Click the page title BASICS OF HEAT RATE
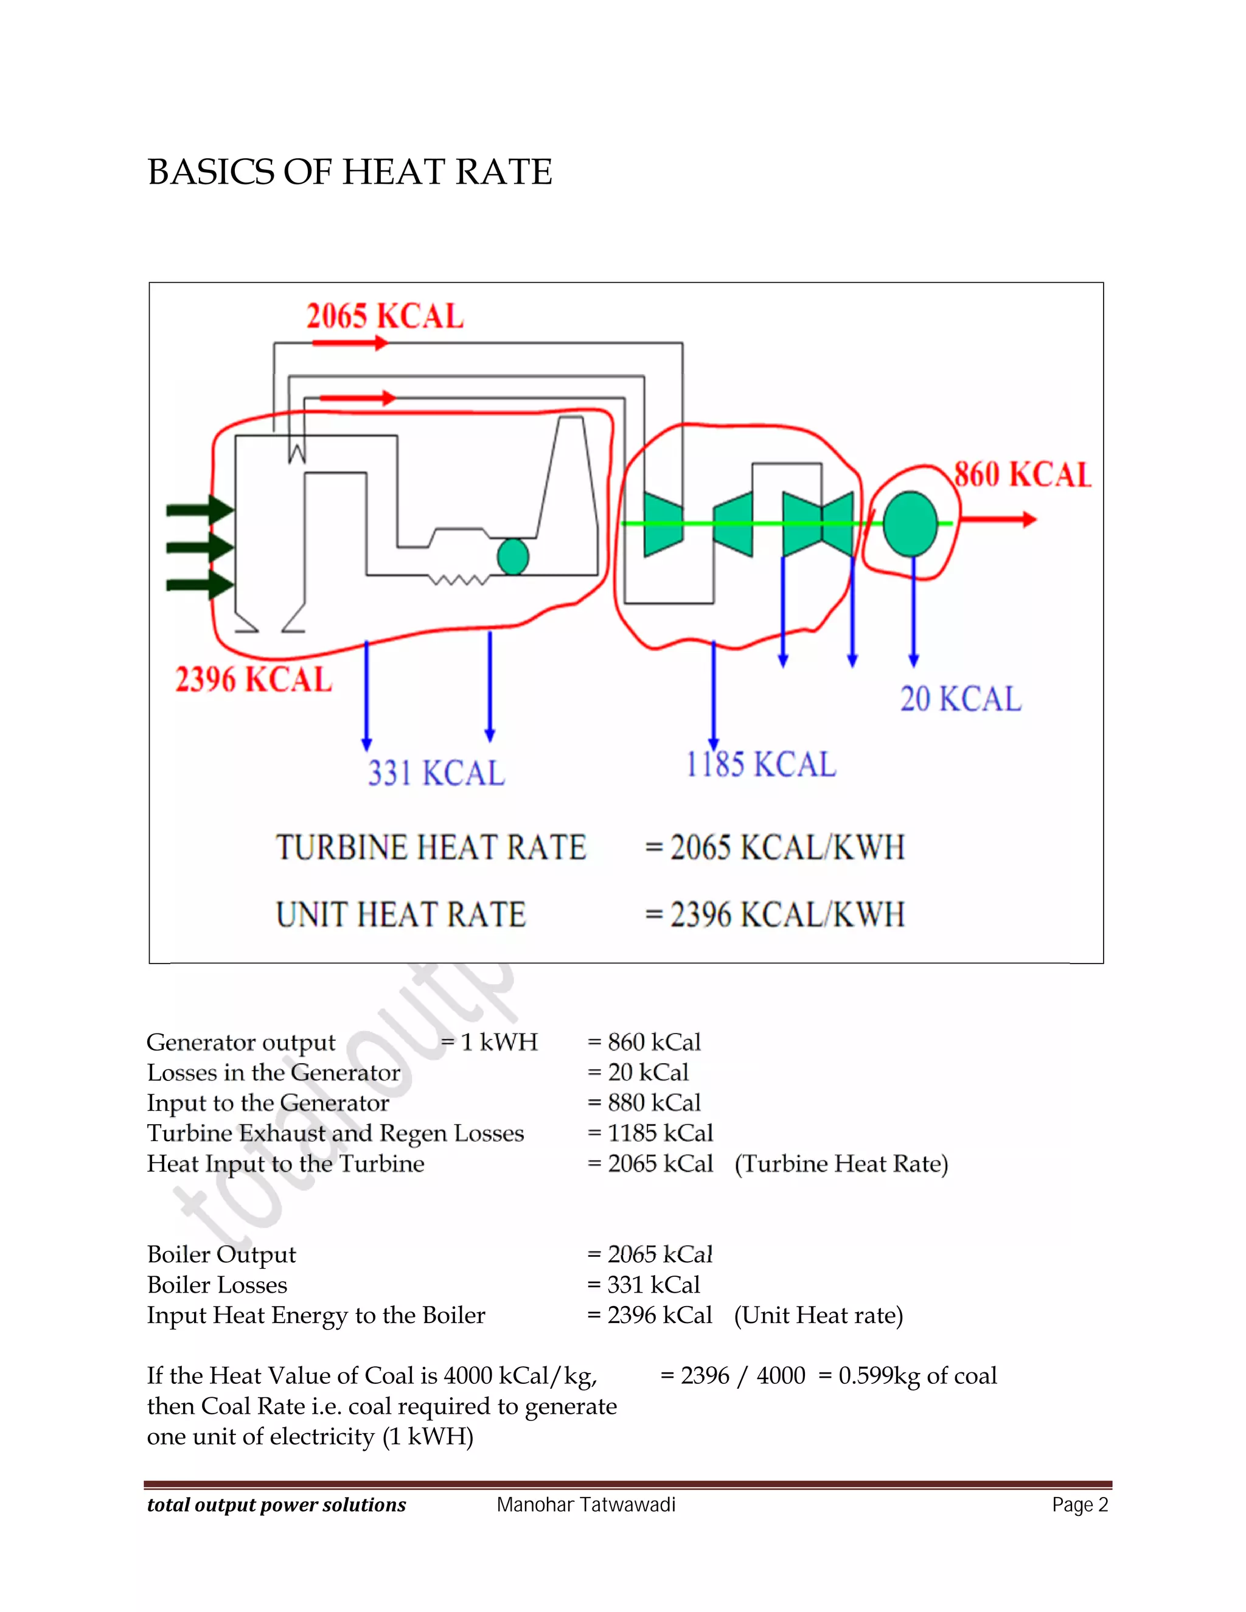coord(349,172)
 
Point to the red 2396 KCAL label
coord(253,679)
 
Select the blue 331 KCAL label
coord(436,773)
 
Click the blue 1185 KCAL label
coord(761,764)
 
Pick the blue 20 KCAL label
coord(960,698)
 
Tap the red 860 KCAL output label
coord(1022,474)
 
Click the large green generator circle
coord(910,523)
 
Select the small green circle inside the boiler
coord(513,557)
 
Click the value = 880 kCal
coord(644,1102)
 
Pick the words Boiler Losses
coord(217,1284)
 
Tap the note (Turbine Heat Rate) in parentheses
coord(841,1163)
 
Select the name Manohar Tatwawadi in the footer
coord(586,1504)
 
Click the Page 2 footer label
coord(1080,1504)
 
